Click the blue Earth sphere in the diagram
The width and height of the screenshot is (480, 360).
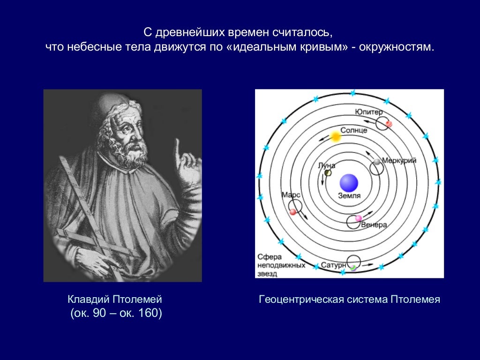[349, 182]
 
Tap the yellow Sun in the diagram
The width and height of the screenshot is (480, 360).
[335, 137]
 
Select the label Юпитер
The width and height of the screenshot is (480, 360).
[368, 112]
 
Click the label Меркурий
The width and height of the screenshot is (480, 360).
[399, 160]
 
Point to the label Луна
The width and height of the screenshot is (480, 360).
[326, 165]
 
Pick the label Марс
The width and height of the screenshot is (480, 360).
[291, 194]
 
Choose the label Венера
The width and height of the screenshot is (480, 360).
[374, 225]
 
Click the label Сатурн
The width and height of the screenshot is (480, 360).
[333, 266]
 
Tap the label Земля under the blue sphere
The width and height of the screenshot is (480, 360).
[349, 196]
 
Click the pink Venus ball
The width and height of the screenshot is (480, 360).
[359, 218]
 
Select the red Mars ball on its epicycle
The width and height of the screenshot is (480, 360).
[293, 212]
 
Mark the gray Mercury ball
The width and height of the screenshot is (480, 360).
[377, 162]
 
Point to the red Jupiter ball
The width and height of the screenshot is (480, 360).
[389, 124]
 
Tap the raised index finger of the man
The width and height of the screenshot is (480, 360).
[178, 149]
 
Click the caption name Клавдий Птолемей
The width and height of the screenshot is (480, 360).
[115, 299]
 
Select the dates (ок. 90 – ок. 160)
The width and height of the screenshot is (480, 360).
[116, 313]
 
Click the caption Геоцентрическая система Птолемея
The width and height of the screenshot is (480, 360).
[349, 299]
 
